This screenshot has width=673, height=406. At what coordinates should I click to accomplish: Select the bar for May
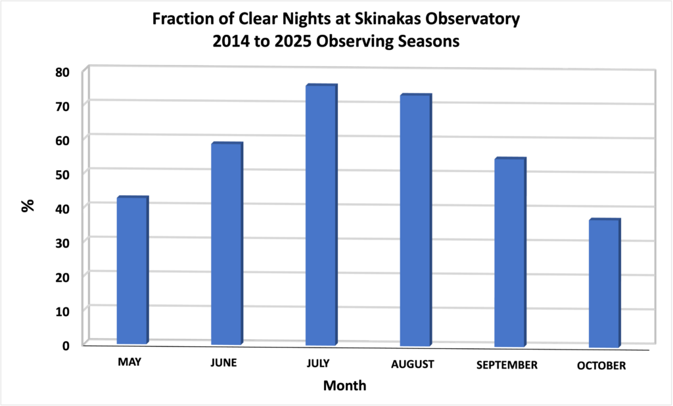point(131,270)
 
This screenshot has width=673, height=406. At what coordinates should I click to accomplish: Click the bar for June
point(226,244)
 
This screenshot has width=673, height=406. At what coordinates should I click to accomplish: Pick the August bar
point(415,220)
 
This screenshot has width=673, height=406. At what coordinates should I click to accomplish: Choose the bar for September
point(509,252)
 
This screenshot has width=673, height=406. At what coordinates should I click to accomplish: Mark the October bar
point(603,283)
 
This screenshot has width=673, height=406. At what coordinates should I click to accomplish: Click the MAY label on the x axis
point(130,362)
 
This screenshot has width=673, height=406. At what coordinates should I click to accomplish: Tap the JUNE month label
point(224,363)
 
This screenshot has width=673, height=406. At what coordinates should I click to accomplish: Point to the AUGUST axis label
point(412,364)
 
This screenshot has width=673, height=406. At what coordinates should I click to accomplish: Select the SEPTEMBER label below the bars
point(508,365)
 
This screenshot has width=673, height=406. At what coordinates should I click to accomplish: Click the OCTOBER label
point(601,366)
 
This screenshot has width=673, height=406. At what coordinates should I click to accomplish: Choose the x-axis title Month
point(344,385)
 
